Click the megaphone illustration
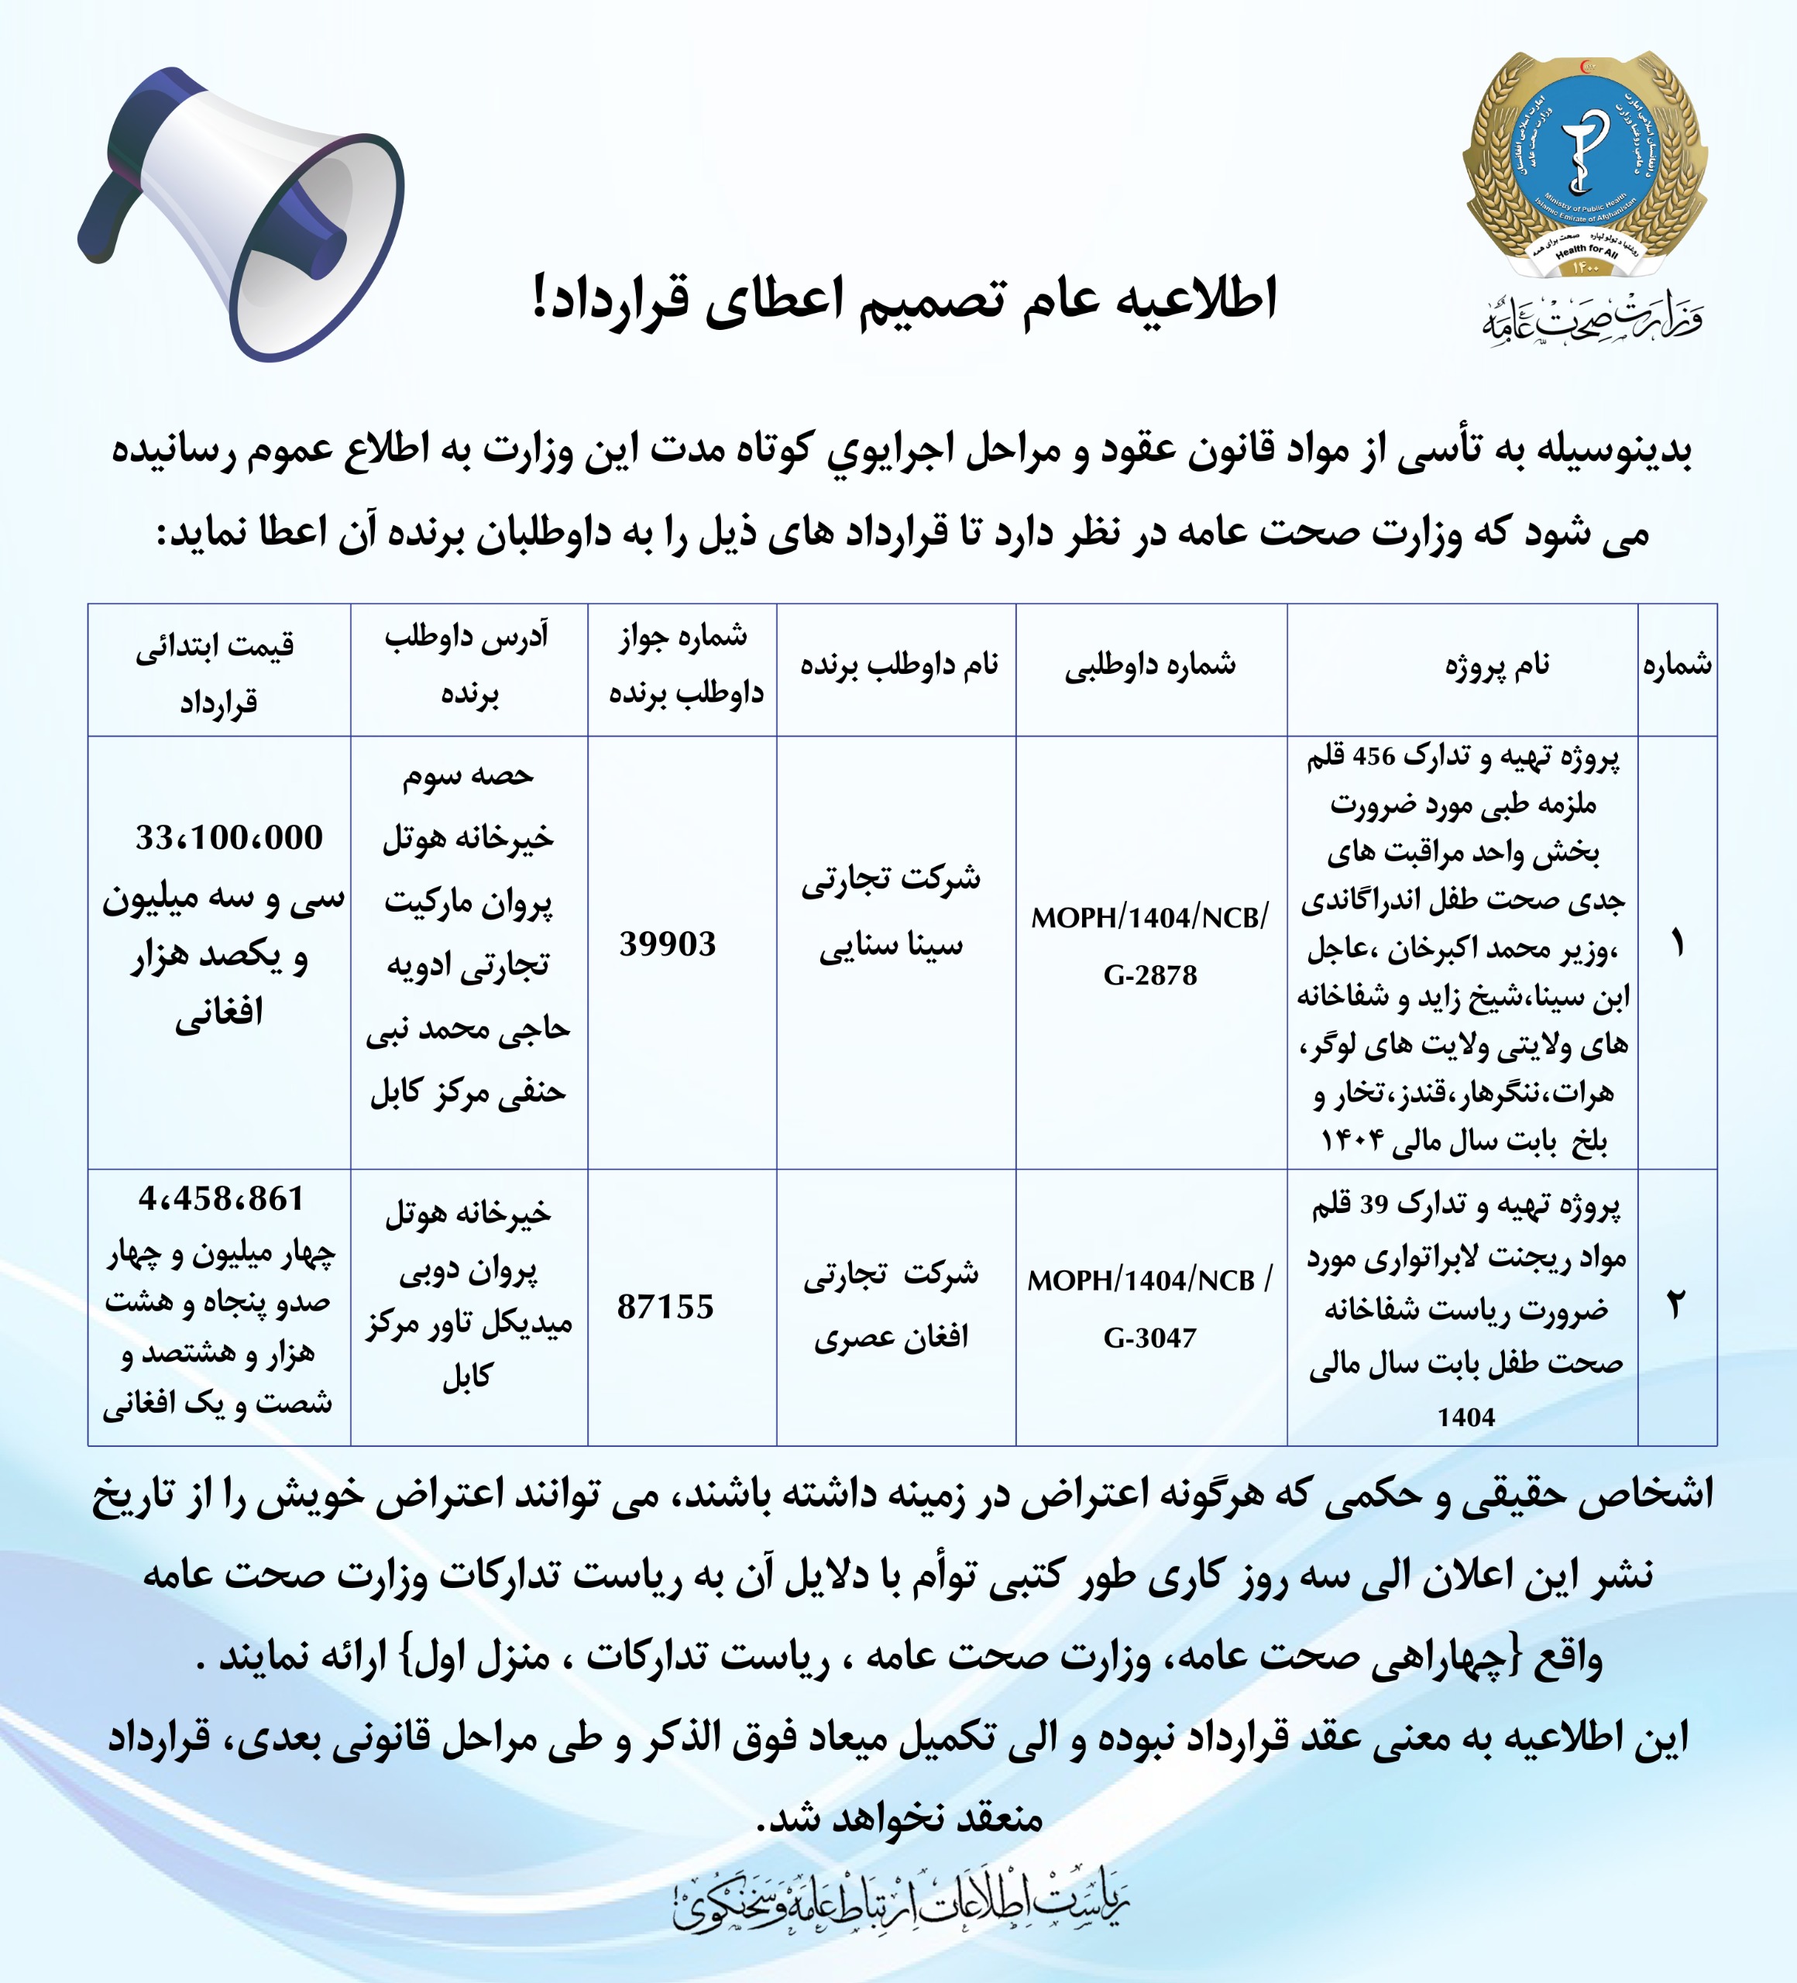241,211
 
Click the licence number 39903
668,944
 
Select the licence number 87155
666,1306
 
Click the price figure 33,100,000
229,838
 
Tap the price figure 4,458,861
222,1198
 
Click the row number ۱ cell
1677,945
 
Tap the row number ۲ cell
1676,1305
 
